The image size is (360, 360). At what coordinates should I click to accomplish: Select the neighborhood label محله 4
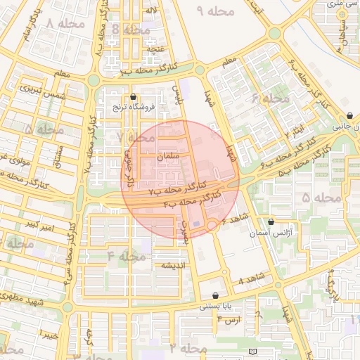(127, 256)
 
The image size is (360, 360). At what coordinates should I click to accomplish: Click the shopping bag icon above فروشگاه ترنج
(134, 97)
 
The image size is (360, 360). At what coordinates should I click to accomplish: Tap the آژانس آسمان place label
(290, 233)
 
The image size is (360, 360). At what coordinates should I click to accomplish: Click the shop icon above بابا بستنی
(215, 295)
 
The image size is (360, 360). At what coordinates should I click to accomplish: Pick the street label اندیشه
(174, 265)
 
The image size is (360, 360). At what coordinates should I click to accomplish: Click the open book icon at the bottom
(252, 351)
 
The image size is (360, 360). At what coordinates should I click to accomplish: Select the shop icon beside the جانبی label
(349, 116)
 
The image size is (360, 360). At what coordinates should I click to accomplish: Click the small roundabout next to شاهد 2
(212, 224)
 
